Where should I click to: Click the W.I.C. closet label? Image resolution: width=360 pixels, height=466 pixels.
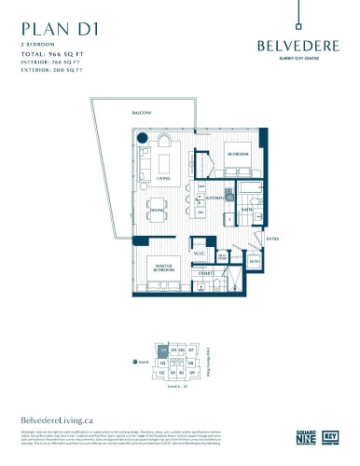click(198, 252)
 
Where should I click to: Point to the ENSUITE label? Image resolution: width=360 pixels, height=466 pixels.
click(207, 273)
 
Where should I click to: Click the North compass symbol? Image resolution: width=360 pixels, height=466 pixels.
click(136, 362)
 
